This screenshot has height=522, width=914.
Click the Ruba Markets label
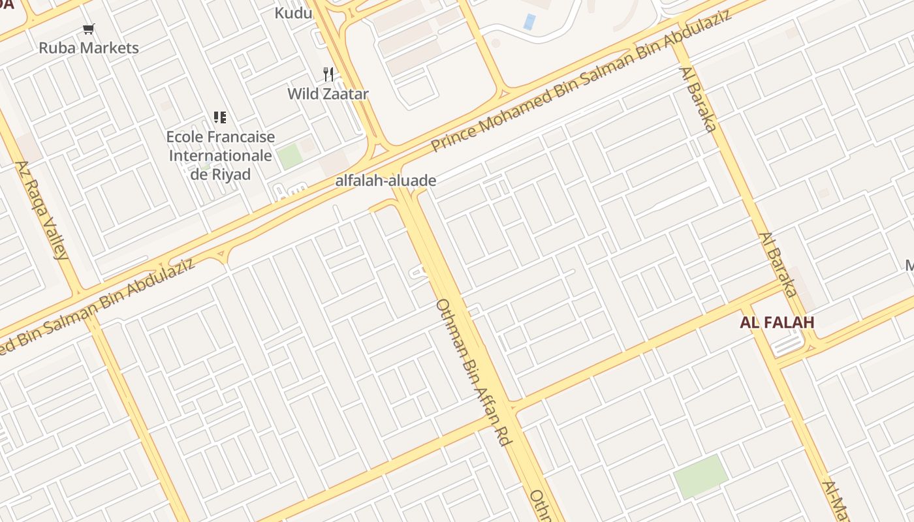tap(89, 48)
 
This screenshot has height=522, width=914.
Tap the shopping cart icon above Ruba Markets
tap(89, 29)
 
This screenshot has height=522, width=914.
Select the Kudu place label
tap(293, 12)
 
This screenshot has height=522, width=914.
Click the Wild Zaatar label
tap(328, 94)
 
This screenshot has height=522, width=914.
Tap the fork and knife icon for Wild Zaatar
tap(328, 74)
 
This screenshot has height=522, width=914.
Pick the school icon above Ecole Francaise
tap(220, 117)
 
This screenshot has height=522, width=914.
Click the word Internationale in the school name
tap(221, 156)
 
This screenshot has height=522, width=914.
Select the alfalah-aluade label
tap(385, 181)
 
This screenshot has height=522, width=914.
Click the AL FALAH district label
tap(777, 322)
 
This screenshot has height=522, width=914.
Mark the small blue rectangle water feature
tap(529, 22)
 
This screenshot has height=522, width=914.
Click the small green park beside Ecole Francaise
tap(289, 157)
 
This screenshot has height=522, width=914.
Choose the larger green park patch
tap(701, 476)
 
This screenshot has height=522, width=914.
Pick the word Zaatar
tap(347, 94)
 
